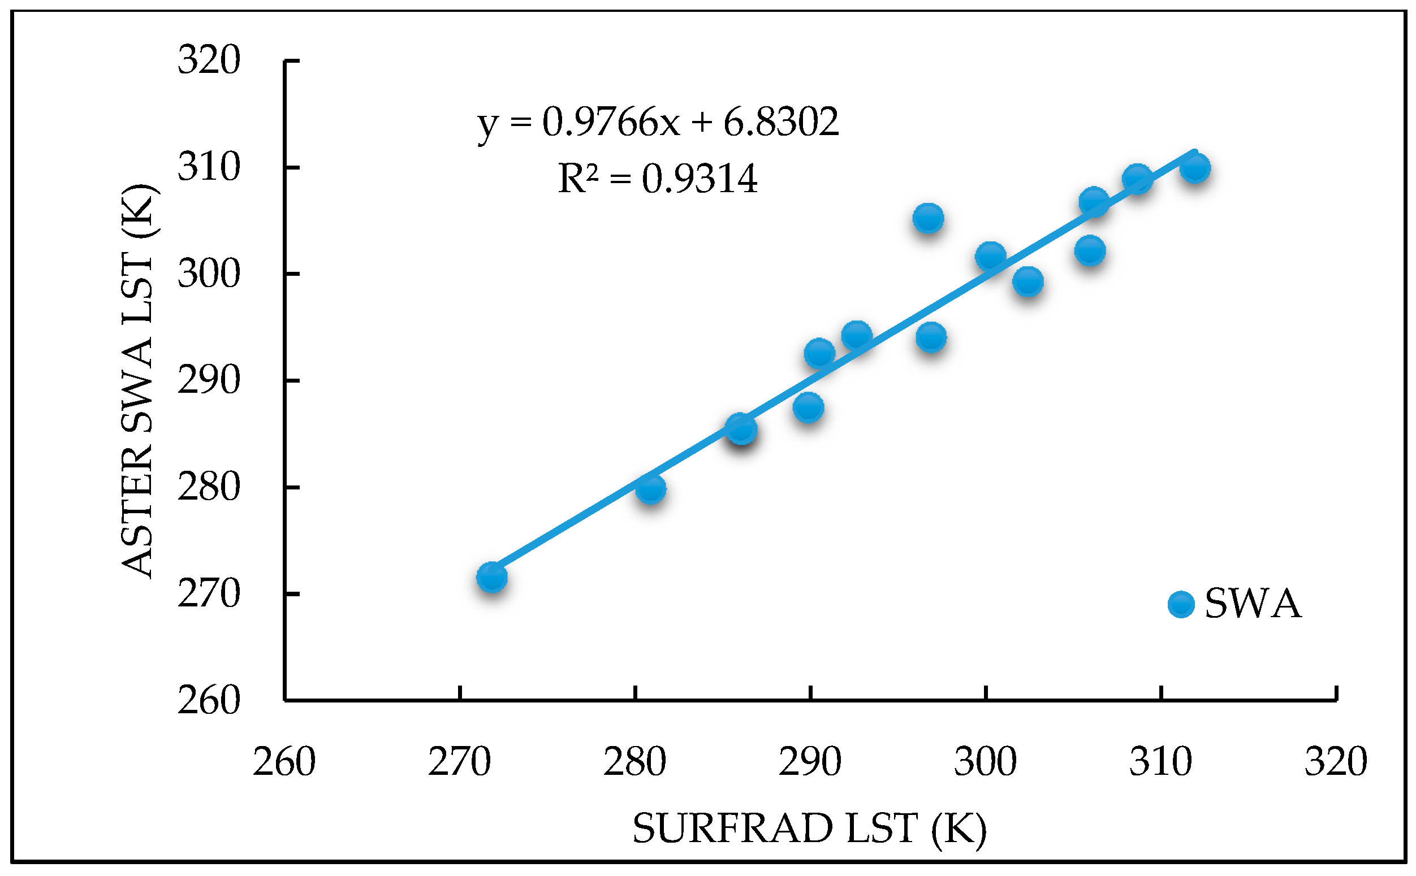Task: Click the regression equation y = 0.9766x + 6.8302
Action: [x=657, y=123]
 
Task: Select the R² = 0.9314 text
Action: [x=657, y=179]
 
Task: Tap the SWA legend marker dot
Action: [x=1181, y=604]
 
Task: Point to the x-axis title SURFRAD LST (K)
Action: [x=809, y=829]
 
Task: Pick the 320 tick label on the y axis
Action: [x=209, y=60]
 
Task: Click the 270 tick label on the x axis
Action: [x=459, y=762]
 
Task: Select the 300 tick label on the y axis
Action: [x=209, y=274]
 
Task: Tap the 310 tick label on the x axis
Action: [x=1160, y=762]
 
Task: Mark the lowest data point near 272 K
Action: [x=491, y=576]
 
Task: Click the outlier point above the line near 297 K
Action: [x=928, y=218]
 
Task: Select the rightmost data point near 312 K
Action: [x=1194, y=168]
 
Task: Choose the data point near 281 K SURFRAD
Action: [x=650, y=489]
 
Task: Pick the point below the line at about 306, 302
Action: [x=1090, y=251]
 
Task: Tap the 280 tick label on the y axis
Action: [x=209, y=487]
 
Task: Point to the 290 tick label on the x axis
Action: [x=810, y=762]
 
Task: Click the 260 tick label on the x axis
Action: [x=284, y=762]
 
